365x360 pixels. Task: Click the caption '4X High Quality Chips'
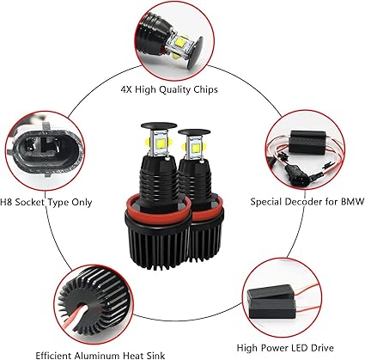tap(169, 89)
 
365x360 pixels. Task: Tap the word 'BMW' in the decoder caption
tap(352, 201)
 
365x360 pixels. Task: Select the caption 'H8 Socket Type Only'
tap(46, 202)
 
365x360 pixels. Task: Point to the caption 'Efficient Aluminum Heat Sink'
tap(100, 355)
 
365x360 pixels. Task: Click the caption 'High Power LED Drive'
tap(285, 348)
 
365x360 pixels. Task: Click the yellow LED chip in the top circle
tap(179, 42)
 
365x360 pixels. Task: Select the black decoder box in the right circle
tap(308, 143)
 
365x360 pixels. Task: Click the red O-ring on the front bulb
tap(158, 207)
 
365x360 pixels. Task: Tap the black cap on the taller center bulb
tap(159, 125)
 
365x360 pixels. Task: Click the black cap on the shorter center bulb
tap(194, 132)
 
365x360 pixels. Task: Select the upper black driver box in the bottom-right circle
tap(271, 292)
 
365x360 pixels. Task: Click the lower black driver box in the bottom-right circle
tap(272, 308)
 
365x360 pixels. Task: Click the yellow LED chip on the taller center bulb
tap(161, 143)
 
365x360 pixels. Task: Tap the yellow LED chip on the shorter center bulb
tap(196, 147)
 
